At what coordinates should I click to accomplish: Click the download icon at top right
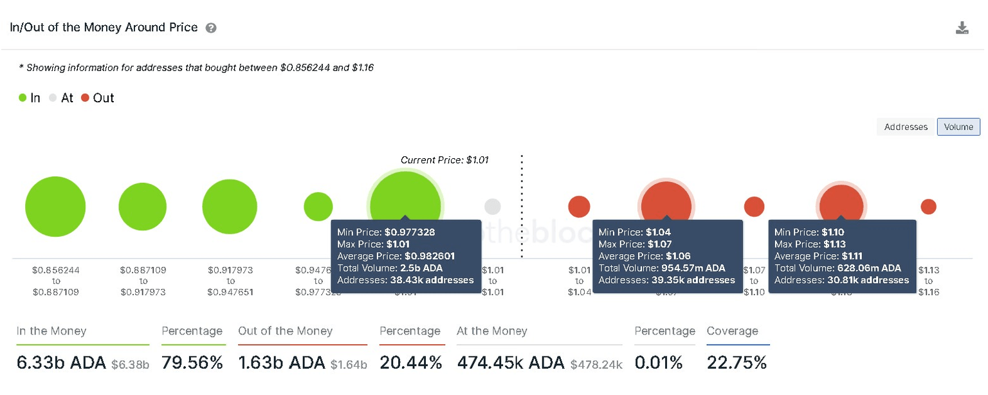pos(962,28)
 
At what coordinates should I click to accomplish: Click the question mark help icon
pos(210,28)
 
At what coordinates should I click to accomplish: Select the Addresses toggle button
pos(905,127)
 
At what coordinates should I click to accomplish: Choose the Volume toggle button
pos(958,127)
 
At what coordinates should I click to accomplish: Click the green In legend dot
pos(23,98)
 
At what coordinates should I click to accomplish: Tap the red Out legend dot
pos(85,98)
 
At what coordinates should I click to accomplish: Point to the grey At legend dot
pos(53,98)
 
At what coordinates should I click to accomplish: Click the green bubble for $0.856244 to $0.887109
pos(55,207)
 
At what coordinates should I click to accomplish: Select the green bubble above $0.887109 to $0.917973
pos(143,207)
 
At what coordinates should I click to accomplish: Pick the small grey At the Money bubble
pos(492,207)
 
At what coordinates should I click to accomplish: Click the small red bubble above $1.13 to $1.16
pos(928,207)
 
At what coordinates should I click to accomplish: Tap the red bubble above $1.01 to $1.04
pos(579,207)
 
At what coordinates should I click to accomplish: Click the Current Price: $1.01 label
pos(444,160)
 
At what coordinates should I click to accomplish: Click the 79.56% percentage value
pos(192,363)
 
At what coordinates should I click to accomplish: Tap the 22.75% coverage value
pos(736,363)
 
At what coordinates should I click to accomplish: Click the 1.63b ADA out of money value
pos(281,363)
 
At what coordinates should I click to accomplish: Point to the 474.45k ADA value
pos(511,363)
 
